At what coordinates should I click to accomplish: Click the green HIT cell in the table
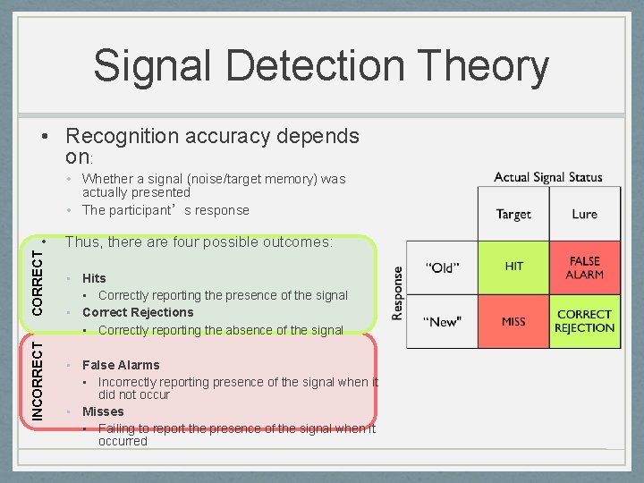pyautogui.click(x=513, y=267)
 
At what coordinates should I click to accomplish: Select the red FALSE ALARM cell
pyautogui.click(x=585, y=267)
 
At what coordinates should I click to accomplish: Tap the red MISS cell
pyautogui.click(x=513, y=321)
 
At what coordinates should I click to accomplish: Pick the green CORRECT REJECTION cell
pyautogui.click(x=585, y=321)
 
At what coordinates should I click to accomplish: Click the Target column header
pyautogui.click(x=513, y=214)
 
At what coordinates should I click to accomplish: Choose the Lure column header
pyautogui.click(x=585, y=214)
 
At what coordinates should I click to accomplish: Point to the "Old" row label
pyautogui.click(x=442, y=267)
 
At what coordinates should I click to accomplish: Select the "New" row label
pyautogui.click(x=442, y=321)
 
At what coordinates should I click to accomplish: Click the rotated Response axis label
pyautogui.click(x=398, y=292)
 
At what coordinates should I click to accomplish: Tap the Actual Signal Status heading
pyautogui.click(x=548, y=177)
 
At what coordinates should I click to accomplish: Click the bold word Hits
pyautogui.click(x=94, y=278)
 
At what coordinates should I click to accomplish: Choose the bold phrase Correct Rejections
pyautogui.click(x=138, y=312)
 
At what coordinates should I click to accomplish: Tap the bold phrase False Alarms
pyautogui.click(x=121, y=365)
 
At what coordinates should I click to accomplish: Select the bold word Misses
pyautogui.click(x=103, y=411)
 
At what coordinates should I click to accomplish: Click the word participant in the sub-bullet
pyautogui.click(x=146, y=210)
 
